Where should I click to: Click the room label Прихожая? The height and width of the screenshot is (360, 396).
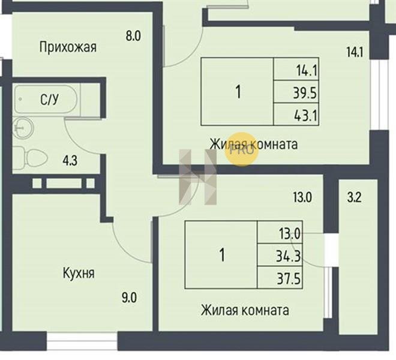pyautogui.click(x=68, y=47)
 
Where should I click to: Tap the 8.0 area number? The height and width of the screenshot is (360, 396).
pyautogui.click(x=133, y=35)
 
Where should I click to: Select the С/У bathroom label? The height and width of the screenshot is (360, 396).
pyautogui.click(x=49, y=99)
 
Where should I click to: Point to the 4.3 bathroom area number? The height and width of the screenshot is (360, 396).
pyautogui.click(x=70, y=160)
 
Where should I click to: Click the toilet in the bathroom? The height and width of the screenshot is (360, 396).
pyautogui.click(x=31, y=159)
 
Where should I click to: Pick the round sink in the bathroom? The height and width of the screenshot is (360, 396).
pyautogui.click(x=23, y=128)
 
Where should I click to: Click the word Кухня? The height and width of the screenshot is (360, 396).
pyautogui.click(x=79, y=273)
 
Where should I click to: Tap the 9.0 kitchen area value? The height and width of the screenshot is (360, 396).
pyautogui.click(x=129, y=298)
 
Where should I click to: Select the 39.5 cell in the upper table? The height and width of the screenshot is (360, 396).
pyautogui.click(x=296, y=91)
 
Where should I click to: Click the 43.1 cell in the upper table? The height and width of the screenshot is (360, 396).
pyautogui.click(x=296, y=114)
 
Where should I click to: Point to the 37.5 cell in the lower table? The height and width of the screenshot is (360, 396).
pyautogui.click(x=280, y=277)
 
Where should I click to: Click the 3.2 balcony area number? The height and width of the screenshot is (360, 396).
pyautogui.click(x=354, y=197)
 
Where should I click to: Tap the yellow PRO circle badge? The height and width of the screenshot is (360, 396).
pyautogui.click(x=242, y=149)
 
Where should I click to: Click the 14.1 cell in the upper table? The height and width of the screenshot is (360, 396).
pyautogui.click(x=296, y=69)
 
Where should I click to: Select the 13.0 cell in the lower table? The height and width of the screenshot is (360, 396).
pyautogui.click(x=280, y=232)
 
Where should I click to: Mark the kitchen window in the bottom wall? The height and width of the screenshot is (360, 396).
pyautogui.click(x=82, y=341)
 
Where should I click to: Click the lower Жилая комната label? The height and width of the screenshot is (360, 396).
pyautogui.click(x=245, y=310)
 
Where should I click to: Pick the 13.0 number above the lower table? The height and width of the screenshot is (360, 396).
pyautogui.click(x=302, y=197)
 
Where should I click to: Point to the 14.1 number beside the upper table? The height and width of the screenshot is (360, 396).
pyautogui.click(x=355, y=53)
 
